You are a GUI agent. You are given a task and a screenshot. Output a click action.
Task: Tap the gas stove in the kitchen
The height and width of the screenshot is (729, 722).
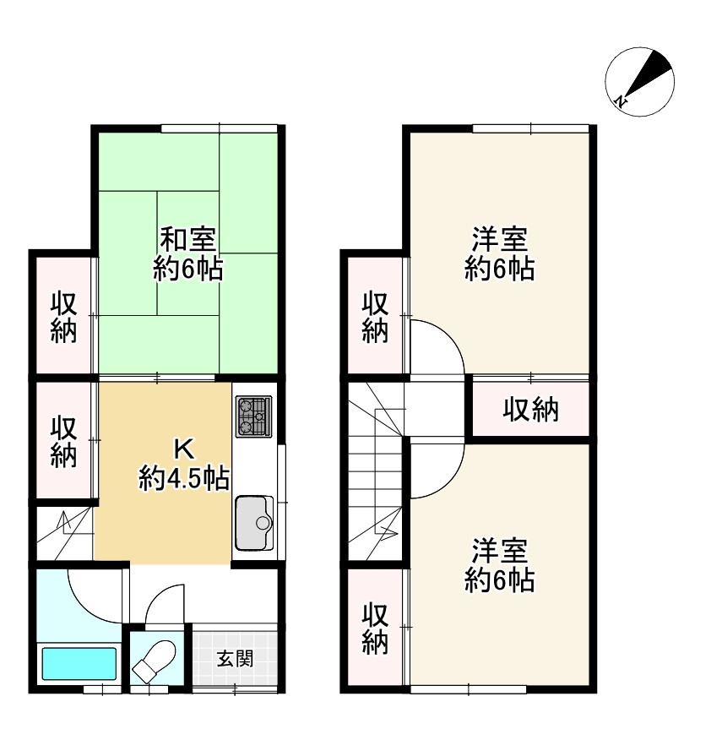click(253, 416)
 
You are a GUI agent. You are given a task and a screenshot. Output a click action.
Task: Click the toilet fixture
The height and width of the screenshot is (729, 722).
click(154, 658)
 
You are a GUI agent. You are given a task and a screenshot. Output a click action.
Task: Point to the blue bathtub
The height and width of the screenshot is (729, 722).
click(79, 664)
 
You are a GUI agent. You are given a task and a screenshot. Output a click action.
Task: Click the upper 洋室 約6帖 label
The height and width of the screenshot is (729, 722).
click(499, 253)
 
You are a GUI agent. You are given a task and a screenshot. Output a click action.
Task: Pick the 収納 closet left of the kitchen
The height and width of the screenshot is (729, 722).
click(62, 441)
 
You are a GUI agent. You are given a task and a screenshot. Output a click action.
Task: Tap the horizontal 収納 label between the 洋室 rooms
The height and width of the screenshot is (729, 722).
click(531, 411)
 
